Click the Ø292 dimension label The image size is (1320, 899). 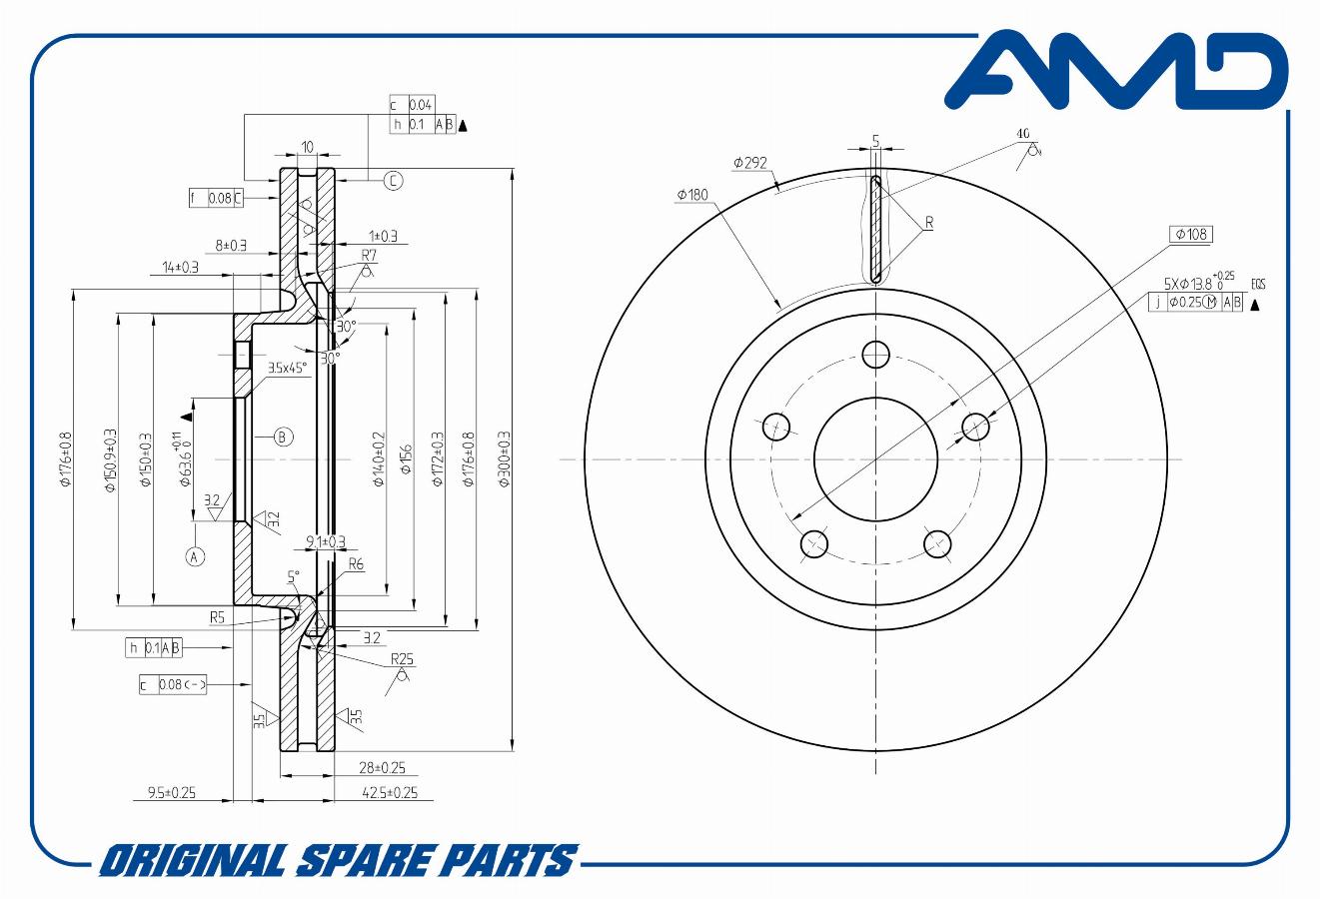coord(749,162)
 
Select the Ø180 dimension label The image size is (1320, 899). coord(691,195)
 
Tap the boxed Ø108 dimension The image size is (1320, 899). coord(1191,234)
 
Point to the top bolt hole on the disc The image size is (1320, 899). coord(876,354)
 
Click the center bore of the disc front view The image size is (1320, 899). coord(876,459)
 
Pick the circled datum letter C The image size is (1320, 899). coord(394,180)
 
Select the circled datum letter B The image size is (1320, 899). coord(283,437)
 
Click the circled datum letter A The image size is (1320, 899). coord(196,555)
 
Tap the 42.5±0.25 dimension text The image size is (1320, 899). coord(390,793)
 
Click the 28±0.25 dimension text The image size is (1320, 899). coord(382,767)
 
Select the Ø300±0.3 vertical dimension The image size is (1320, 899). coord(505,459)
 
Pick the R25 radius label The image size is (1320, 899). coord(402,659)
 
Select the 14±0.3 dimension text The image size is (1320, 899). coord(180,267)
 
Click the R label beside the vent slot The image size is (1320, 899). coord(928,222)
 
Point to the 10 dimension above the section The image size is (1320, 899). coord(307,147)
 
